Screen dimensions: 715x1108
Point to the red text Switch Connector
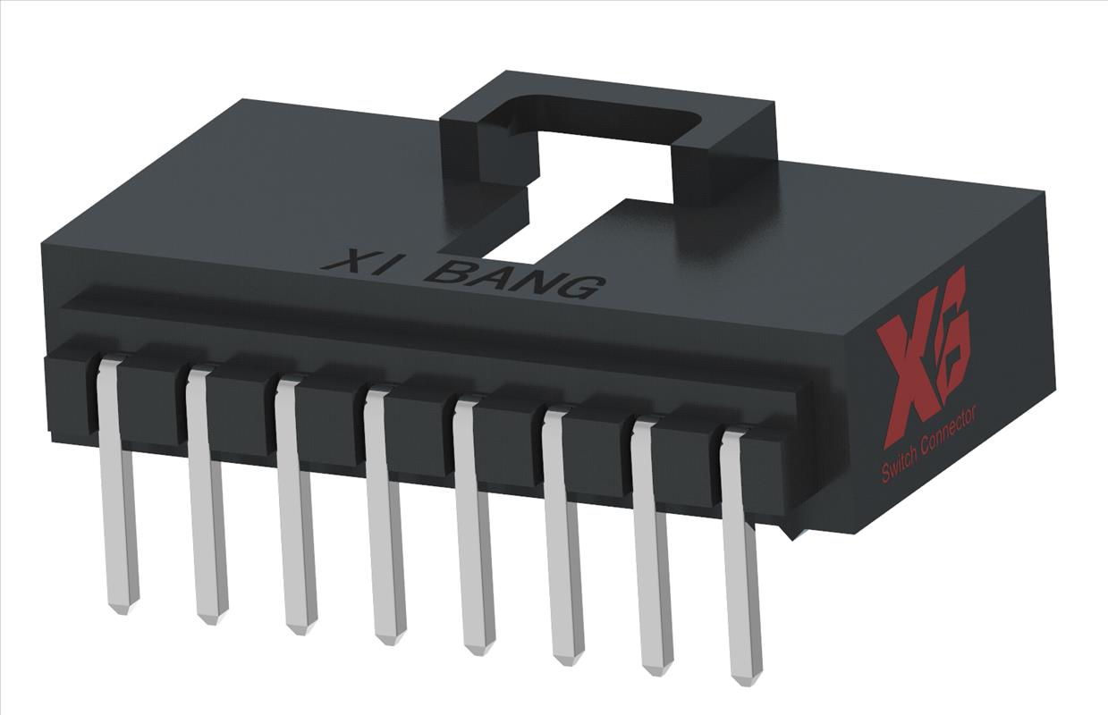(x=929, y=444)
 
